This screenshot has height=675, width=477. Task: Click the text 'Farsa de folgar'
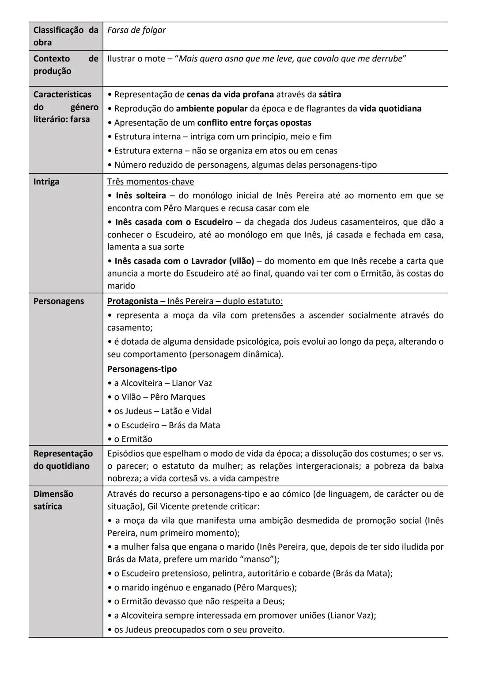(136, 30)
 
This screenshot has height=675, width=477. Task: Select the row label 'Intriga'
(46, 182)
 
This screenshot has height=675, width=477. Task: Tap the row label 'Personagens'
(58, 301)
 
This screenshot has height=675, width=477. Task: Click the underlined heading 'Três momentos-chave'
(151, 182)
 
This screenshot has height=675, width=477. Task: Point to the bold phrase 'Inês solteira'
(141, 196)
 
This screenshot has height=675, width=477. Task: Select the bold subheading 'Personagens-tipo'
(142, 369)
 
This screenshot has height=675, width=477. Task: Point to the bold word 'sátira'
(330, 95)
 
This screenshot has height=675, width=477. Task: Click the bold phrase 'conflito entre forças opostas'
(254, 123)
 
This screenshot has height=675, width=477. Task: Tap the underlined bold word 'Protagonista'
(132, 301)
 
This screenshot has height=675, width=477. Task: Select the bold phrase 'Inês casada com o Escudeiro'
(174, 222)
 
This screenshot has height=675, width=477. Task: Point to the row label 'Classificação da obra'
(65, 36)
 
